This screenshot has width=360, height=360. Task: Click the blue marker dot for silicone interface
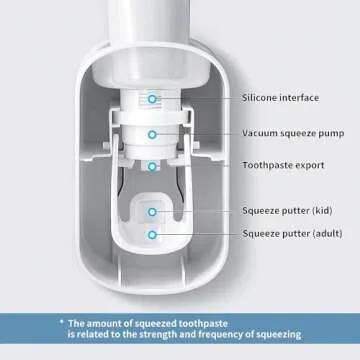152,98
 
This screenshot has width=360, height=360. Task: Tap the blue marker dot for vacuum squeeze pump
152,132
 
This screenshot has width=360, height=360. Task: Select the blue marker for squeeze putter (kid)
152,211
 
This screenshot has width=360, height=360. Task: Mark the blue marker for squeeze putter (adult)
152,234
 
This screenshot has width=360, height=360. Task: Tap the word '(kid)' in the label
320,211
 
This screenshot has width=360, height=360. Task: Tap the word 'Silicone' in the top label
260,97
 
